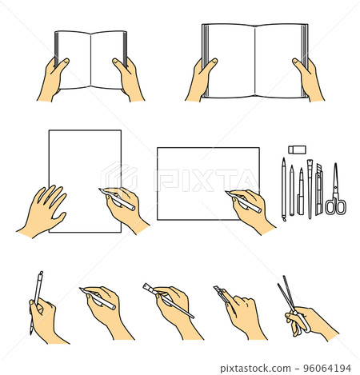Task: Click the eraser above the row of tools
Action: (x=297, y=149)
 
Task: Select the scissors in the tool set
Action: (x=336, y=196)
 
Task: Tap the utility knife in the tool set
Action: (x=318, y=190)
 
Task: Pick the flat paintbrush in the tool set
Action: (x=310, y=188)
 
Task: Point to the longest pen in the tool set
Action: (x=283, y=189)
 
